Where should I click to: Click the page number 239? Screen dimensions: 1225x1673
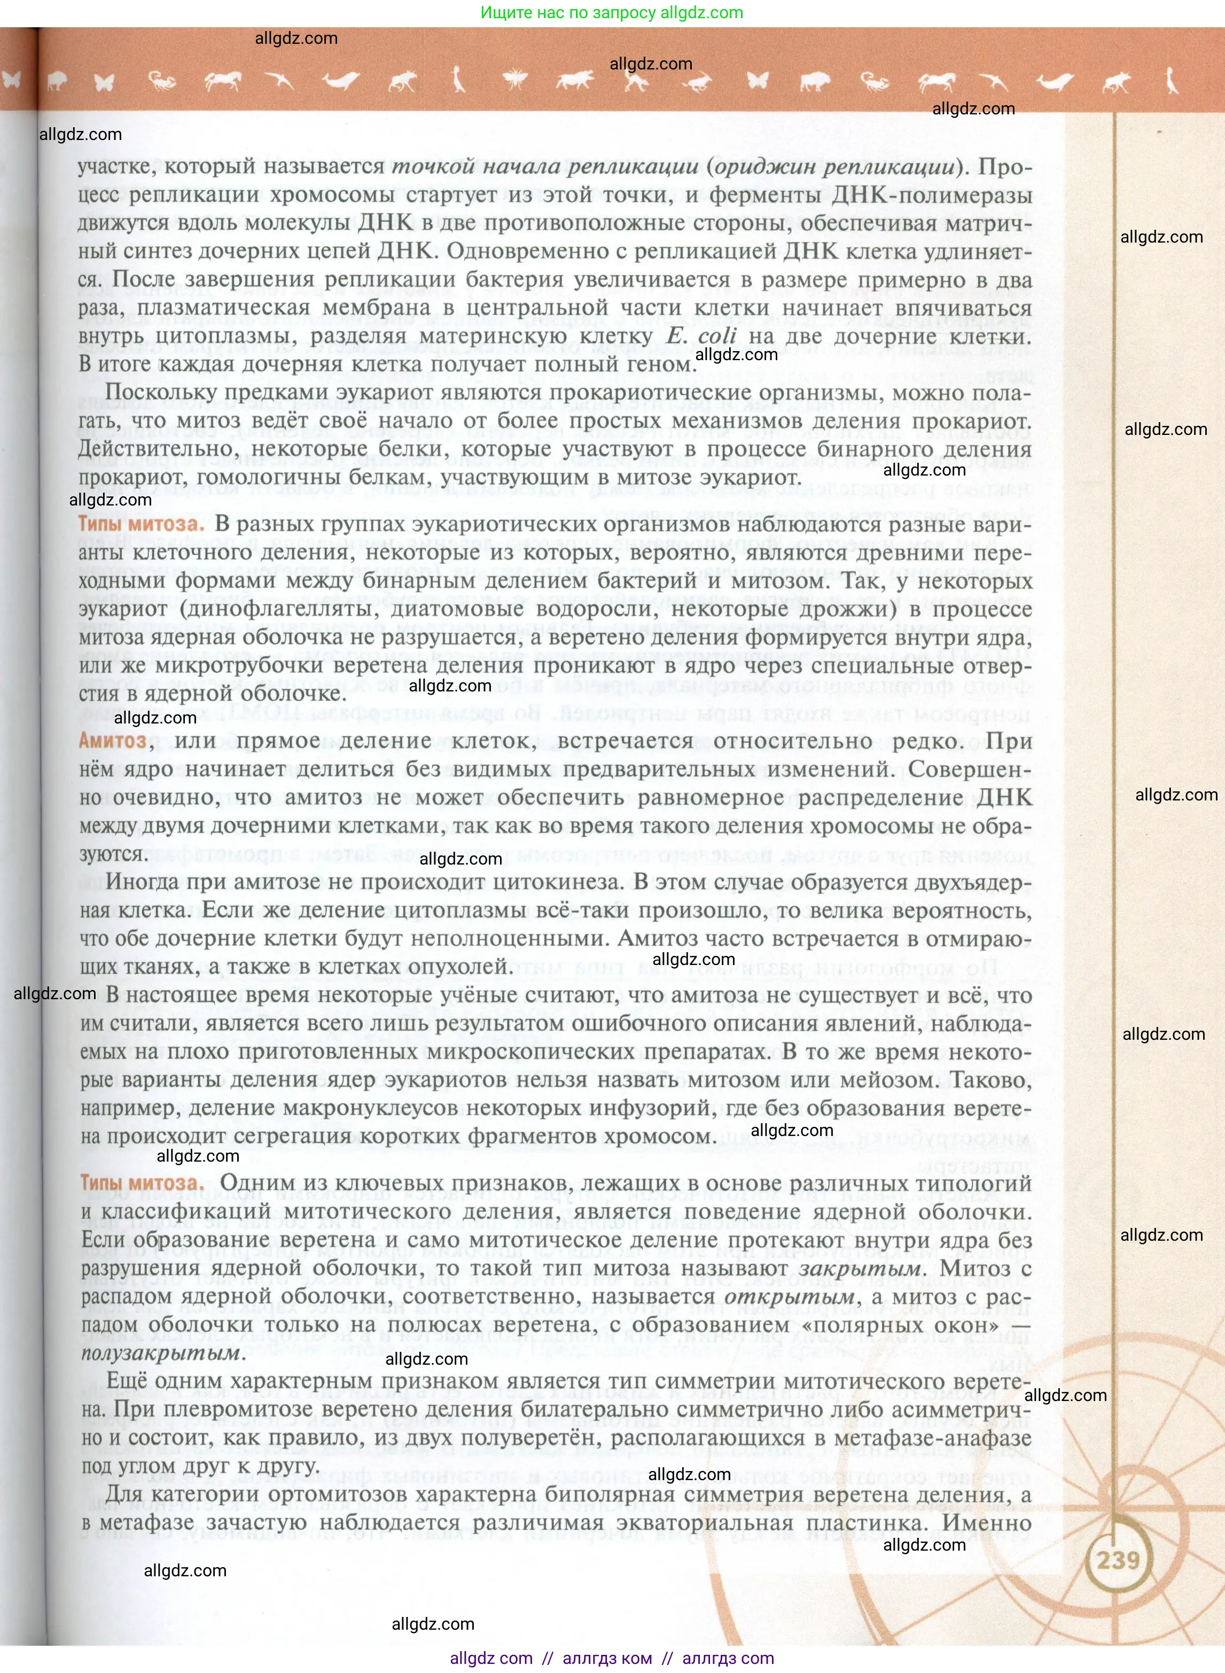coord(1118,1560)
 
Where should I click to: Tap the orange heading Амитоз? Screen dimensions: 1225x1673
coord(113,741)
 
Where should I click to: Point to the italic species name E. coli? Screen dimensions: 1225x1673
coord(701,336)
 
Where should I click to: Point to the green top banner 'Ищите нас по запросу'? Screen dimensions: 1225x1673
coord(612,13)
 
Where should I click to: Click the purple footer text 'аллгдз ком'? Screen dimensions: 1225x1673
coord(607,1658)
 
